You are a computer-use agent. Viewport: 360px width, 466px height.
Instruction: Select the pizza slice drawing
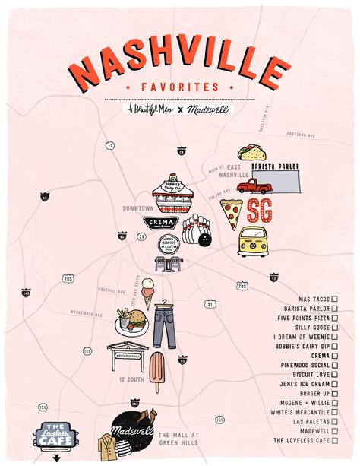tap(232, 214)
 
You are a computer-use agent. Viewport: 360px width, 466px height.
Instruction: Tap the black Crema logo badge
tap(161, 222)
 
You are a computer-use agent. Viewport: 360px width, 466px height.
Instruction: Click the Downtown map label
tap(138, 208)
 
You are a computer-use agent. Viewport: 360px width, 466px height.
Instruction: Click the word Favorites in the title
tap(179, 87)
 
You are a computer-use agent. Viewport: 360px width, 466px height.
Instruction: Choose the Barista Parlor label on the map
tap(277, 166)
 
